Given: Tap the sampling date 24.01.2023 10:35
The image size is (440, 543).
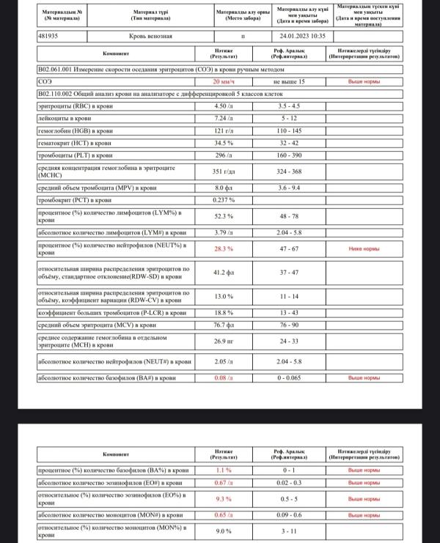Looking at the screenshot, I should [302, 35].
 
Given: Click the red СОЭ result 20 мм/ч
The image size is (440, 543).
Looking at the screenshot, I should [224, 81].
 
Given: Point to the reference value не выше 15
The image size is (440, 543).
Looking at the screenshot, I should [288, 81].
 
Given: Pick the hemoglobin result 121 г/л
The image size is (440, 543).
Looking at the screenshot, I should [224, 130].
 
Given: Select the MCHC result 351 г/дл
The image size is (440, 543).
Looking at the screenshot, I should [224, 171].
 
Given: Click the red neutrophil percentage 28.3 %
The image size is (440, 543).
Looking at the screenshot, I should [224, 249].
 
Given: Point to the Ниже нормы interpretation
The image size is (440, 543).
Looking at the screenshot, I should [364, 249].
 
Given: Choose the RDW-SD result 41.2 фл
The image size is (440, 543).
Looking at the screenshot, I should [224, 273].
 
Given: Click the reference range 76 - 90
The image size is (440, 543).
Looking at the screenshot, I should [288, 324].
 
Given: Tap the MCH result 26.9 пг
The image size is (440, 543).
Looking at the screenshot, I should [224, 341].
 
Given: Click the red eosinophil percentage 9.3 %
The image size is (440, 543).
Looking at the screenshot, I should [224, 499].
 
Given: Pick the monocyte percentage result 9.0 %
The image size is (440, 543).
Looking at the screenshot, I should [224, 532].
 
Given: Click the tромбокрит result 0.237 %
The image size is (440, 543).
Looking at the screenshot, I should [224, 199].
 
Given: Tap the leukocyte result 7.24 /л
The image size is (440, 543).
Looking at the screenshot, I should [224, 117].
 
